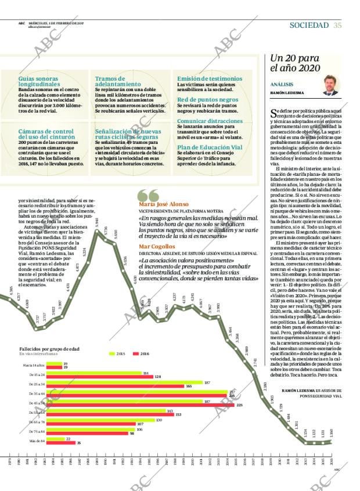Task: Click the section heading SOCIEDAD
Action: click(309, 24)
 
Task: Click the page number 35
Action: click(337, 24)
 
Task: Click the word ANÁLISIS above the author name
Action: click(281, 84)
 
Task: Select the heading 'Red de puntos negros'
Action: click(208, 99)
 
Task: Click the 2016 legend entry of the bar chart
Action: click(141, 353)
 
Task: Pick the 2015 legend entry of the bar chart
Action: click(117, 353)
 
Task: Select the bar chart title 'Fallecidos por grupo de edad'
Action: click(49, 348)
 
